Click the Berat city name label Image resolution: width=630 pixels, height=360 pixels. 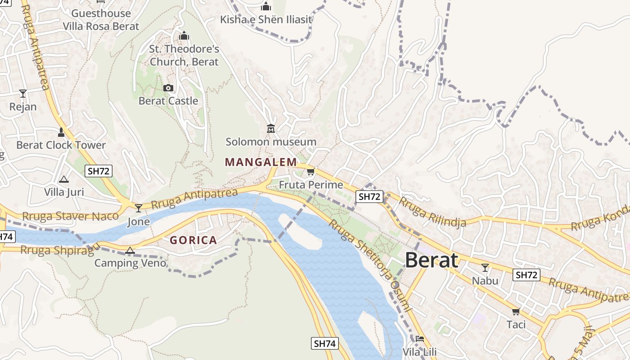tap(432, 260)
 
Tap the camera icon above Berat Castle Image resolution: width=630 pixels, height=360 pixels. tap(168, 88)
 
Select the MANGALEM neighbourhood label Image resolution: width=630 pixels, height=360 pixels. tap(261, 162)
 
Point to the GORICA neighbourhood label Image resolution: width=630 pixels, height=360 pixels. tap(193, 240)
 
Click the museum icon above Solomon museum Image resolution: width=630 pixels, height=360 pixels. tap(271, 129)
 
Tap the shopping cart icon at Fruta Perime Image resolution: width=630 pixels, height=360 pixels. tap(310, 172)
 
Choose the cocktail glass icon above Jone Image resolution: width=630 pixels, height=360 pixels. tap(139, 208)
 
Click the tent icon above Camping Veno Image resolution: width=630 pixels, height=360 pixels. tap(130, 250)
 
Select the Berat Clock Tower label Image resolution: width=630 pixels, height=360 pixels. tap(61, 145)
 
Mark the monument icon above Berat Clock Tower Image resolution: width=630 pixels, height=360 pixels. tap(61, 132)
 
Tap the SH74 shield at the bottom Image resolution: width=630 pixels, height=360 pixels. tap(324, 344)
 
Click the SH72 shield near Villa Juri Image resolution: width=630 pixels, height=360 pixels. tap(99, 171)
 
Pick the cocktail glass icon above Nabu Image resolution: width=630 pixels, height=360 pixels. tap(485, 268)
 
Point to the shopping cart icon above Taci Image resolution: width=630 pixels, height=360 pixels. tap(516, 311)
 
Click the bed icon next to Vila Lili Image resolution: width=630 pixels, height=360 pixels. tap(420, 338)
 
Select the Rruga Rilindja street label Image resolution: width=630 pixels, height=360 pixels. tap(432, 212)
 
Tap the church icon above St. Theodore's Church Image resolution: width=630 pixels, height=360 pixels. tap(184, 36)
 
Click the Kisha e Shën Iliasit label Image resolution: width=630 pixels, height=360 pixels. tap(266, 19)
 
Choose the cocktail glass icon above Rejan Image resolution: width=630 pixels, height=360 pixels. tap(23, 94)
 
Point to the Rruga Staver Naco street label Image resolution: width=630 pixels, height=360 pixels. tap(71, 216)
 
